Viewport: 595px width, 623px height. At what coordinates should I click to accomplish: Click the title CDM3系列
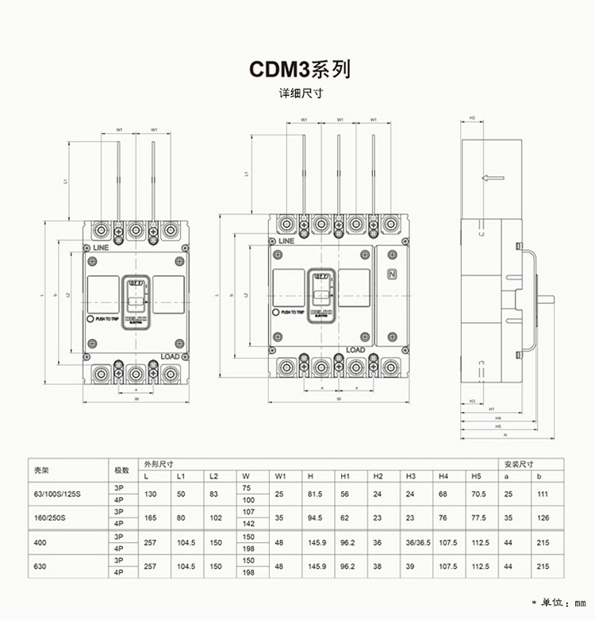click(300, 70)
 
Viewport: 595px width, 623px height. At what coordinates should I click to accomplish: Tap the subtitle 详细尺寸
click(300, 94)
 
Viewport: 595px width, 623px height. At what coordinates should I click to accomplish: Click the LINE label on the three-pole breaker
click(101, 248)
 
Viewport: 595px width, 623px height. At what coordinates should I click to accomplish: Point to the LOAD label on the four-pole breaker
click(355, 350)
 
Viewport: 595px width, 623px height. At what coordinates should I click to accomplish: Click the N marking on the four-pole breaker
click(391, 275)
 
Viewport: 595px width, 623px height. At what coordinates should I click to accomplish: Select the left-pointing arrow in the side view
click(493, 178)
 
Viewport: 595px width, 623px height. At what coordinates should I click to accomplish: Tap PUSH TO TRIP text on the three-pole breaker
click(106, 319)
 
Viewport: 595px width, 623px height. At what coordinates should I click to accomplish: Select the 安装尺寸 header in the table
click(517, 463)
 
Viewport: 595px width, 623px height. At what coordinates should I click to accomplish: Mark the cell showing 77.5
click(478, 517)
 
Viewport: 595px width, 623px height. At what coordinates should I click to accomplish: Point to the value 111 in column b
click(543, 494)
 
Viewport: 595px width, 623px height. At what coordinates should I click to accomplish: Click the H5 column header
click(476, 476)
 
